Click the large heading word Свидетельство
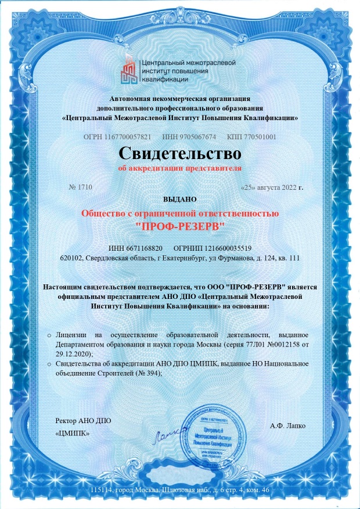pos(179,153)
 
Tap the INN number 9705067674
pos(196,137)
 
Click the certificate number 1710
pos(85,187)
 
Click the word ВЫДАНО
pos(179,199)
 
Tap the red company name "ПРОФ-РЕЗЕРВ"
pos(179,224)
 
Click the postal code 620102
pos(71,258)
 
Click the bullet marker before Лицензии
pos(49,335)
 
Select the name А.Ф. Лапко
pos(287,425)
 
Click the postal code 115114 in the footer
pos(102,491)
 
